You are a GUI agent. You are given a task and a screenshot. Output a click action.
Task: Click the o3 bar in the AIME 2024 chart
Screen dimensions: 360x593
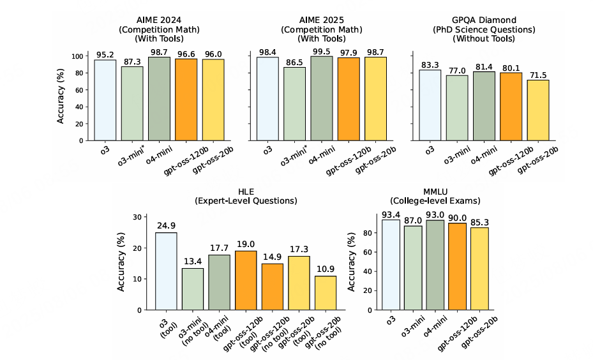coord(105,100)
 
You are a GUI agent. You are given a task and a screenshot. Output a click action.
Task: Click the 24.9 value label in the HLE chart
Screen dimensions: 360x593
coord(166,226)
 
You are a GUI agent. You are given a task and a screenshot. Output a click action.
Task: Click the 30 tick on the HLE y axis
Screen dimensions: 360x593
coord(135,217)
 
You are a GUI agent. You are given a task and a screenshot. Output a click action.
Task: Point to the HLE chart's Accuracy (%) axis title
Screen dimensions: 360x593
coord(121,263)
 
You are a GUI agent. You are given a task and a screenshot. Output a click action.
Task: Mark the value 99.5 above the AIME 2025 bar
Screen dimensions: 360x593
coord(322,50)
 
